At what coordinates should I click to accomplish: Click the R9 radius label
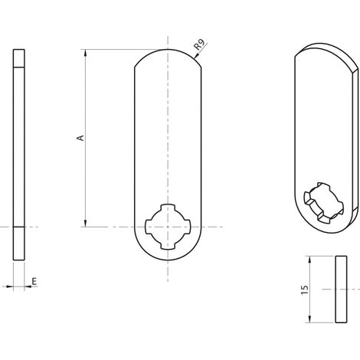pos(199,44)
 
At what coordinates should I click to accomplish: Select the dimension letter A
pos(80,138)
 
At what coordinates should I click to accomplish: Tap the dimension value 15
pos(305,289)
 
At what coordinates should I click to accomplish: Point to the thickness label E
pos(34,281)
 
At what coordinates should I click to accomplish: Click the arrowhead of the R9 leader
pos(196,56)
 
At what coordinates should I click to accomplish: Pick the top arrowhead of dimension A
pos(86,53)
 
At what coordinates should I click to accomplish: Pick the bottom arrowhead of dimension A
pos(86,224)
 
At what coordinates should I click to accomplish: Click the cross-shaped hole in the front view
pos(168,227)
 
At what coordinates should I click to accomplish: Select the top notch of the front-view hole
pos(168,207)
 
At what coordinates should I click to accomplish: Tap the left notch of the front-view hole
pos(149,227)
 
